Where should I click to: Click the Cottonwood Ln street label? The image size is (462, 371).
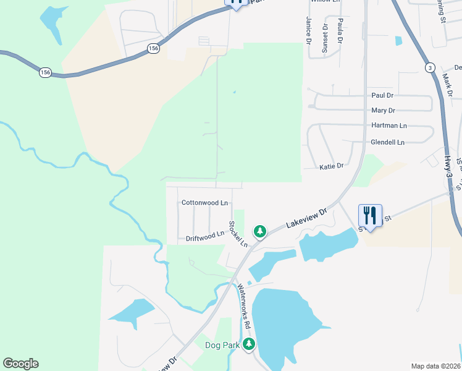(204, 203)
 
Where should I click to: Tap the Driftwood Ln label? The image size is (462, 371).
(205, 236)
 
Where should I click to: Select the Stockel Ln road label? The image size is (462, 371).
(238, 234)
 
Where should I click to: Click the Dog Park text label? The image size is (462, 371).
(222, 346)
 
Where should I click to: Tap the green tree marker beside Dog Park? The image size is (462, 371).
(249, 344)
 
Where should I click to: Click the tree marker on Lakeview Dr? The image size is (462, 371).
(260, 231)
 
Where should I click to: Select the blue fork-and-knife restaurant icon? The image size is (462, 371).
(370, 216)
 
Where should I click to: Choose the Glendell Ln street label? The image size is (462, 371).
(387, 142)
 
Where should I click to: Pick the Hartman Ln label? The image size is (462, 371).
(389, 126)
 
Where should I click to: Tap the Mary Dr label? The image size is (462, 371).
(383, 111)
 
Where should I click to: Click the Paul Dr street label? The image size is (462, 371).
(382, 96)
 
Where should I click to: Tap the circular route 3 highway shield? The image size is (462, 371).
(429, 67)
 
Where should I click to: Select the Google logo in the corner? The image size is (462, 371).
(20, 364)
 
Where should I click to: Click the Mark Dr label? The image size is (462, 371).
(448, 85)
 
